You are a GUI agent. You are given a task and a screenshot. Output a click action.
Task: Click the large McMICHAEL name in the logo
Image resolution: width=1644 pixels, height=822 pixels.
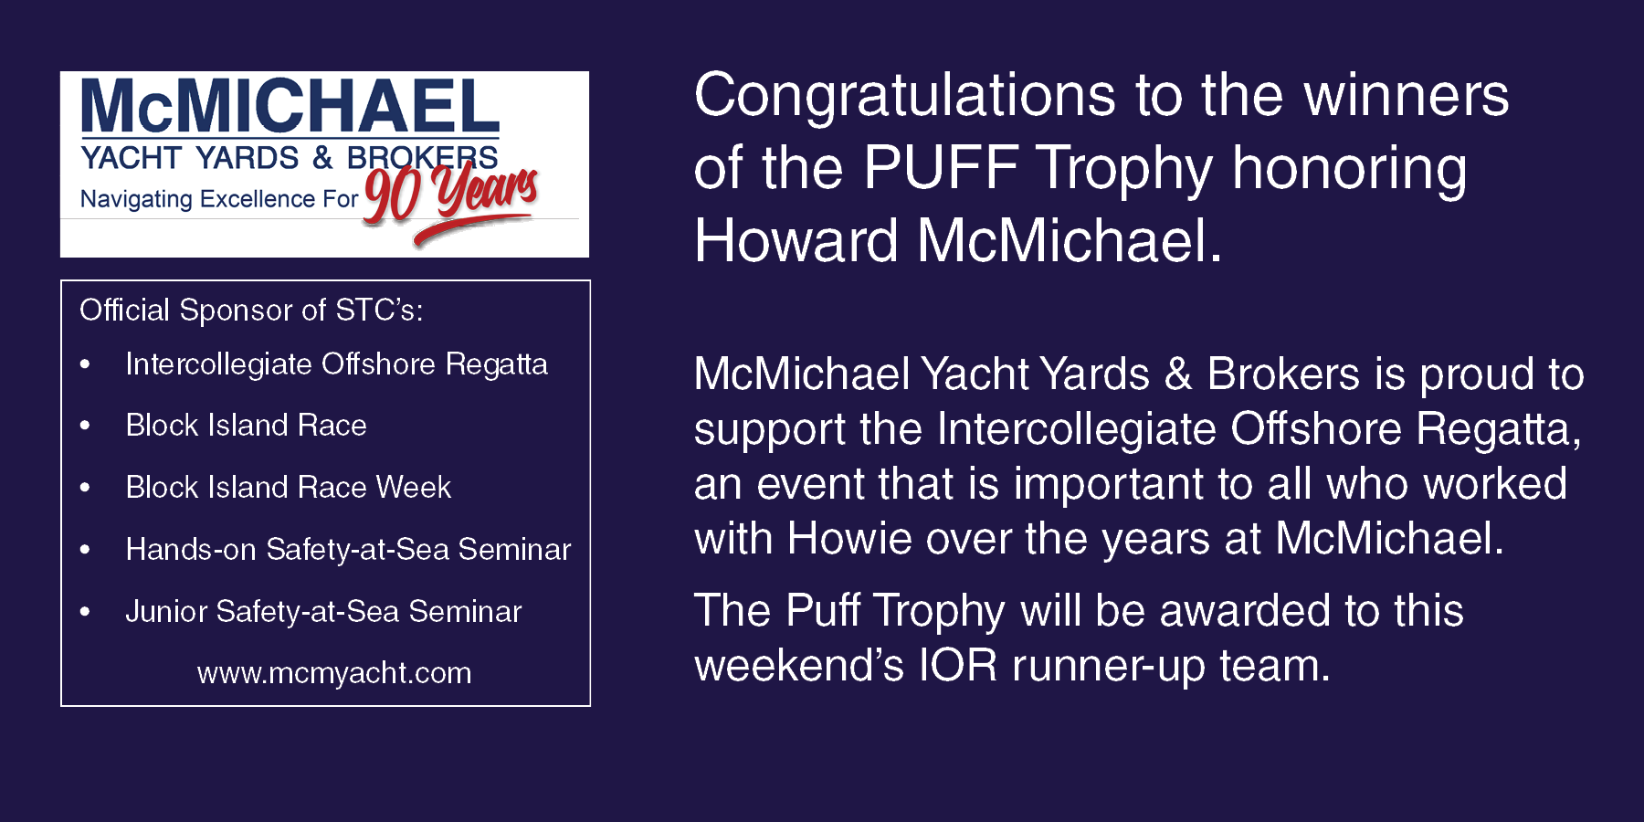click(290, 107)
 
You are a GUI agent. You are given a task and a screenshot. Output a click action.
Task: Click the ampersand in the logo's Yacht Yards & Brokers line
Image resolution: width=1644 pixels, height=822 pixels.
click(322, 157)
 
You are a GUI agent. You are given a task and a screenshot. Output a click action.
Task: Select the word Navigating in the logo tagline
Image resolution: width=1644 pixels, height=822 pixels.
click(136, 199)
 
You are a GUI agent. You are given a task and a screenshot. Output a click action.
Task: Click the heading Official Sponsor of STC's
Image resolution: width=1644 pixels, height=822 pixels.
click(251, 311)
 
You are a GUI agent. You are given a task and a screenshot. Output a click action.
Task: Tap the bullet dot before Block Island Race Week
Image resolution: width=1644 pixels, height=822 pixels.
click(85, 488)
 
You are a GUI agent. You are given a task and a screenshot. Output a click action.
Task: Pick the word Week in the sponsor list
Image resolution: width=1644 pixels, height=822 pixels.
click(414, 487)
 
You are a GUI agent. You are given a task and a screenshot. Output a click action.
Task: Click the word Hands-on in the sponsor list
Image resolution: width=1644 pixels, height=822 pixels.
click(191, 549)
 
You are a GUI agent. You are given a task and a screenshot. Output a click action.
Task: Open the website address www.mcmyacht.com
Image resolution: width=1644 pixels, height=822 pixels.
click(334, 673)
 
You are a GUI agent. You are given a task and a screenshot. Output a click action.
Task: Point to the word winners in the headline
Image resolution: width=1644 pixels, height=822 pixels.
click(1407, 96)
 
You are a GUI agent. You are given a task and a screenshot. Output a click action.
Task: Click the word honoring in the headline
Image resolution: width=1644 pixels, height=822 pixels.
click(1350, 171)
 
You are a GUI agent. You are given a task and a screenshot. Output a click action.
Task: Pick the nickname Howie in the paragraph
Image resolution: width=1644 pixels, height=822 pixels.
click(849, 538)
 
